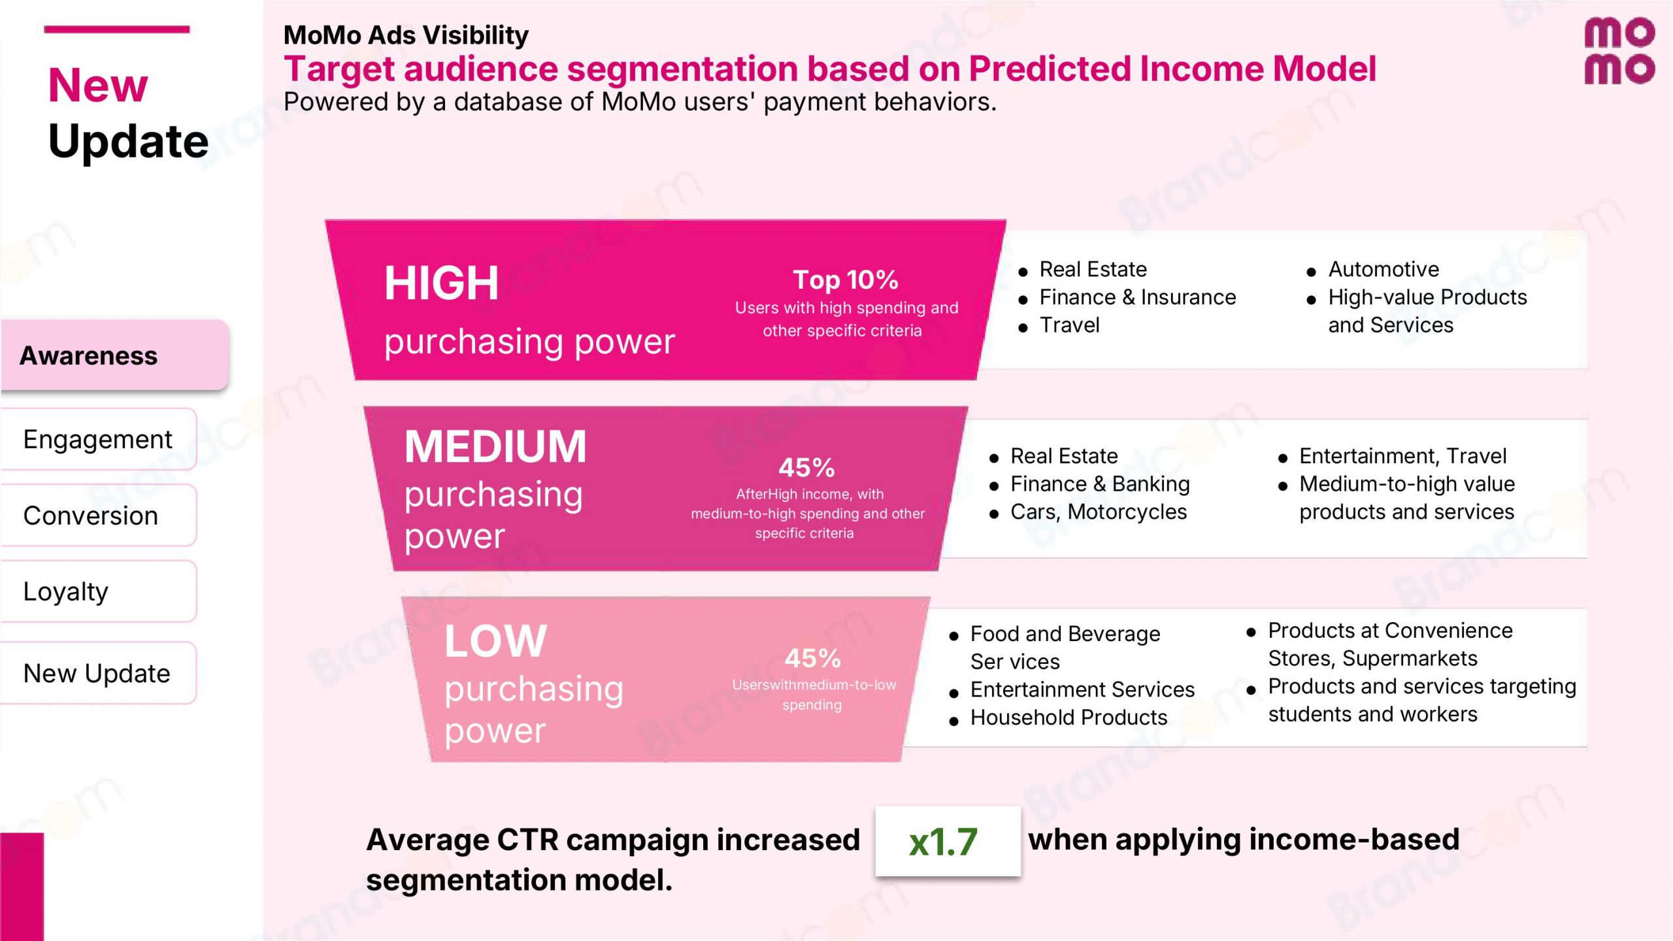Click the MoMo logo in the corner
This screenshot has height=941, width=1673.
tap(1619, 51)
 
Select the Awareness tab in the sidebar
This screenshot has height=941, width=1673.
tap(114, 355)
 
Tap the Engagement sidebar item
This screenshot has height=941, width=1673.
tap(98, 439)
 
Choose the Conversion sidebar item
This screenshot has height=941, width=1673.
tap(98, 516)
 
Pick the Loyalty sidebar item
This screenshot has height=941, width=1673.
tap(98, 591)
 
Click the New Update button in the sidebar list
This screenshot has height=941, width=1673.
tap(98, 673)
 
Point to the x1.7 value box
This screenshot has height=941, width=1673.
tap(948, 841)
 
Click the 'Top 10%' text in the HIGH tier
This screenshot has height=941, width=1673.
tap(846, 280)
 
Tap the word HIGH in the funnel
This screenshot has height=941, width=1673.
tap(441, 284)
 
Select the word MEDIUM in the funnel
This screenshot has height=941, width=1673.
tap(495, 447)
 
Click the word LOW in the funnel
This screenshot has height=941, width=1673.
tap(495, 641)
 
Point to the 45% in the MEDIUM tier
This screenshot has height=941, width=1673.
tap(806, 468)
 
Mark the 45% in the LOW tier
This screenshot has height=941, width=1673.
tap(812, 658)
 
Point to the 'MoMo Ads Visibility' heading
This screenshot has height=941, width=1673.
tap(406, 35)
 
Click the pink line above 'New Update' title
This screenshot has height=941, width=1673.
tap(116, 29)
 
